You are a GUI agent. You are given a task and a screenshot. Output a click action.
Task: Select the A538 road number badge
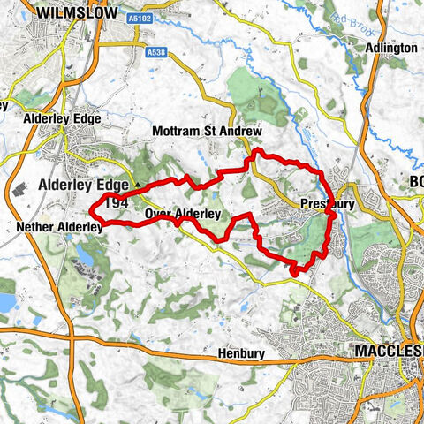tap(156, 53)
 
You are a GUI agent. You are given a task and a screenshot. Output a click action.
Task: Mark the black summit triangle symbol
tap(137, 185)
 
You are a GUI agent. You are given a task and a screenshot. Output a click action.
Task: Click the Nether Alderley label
tap(60, 227)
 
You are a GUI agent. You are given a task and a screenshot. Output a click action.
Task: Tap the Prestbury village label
tap(327, 204)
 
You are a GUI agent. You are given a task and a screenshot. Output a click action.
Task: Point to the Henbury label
tap(241, 353)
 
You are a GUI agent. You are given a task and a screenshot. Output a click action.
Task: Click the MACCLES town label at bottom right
tap(389, 351)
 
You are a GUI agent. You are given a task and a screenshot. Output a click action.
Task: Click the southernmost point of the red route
tap(293, 275)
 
